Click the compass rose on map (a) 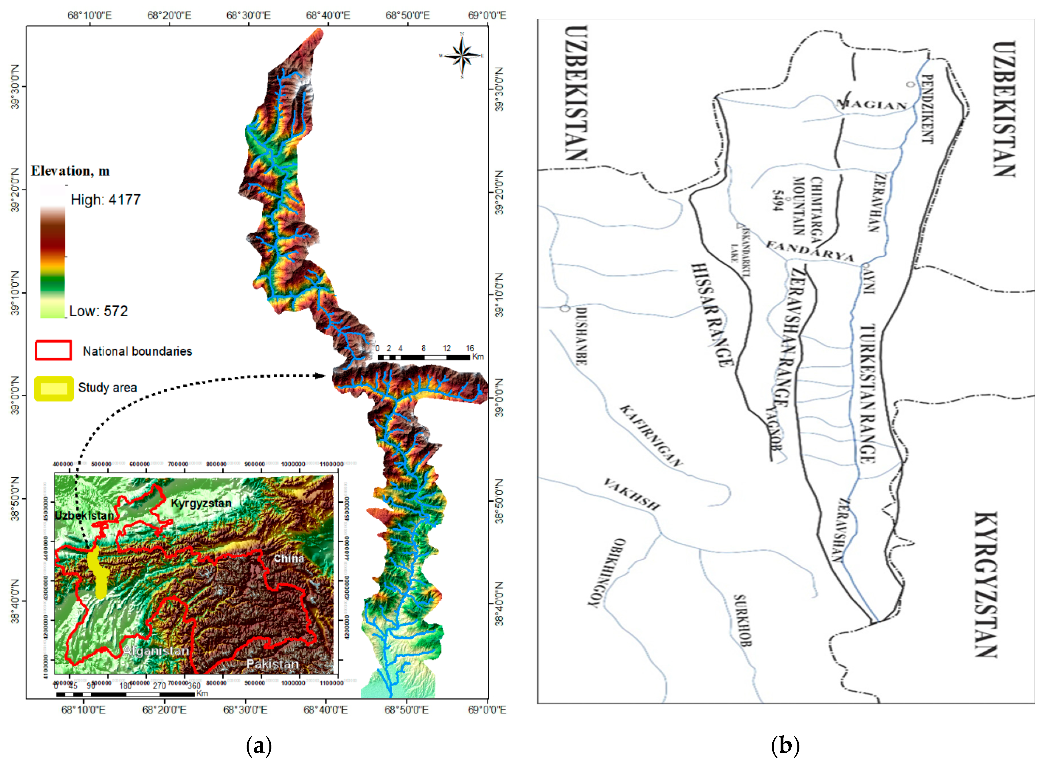(462, 56)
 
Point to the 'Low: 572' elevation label (98, 311)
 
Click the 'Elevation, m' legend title (70, 171)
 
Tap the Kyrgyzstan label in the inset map (201, 503)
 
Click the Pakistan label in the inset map (272, 664)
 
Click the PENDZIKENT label (927, 109)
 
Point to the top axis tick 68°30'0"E (248, 15)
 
